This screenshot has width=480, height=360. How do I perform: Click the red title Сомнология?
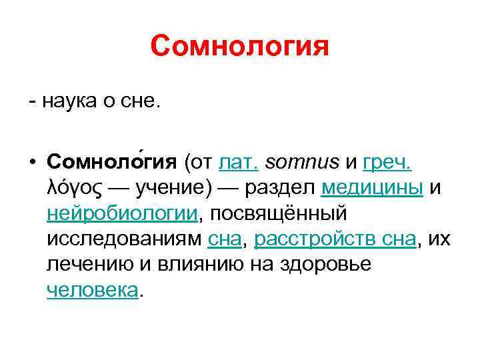pos(240,47)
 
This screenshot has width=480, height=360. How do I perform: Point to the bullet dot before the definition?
pos(32,163)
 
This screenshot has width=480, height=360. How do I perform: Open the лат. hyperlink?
pos(239,163)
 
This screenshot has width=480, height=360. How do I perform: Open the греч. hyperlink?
pos(389,163)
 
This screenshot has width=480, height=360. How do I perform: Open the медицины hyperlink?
pos(372,188)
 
